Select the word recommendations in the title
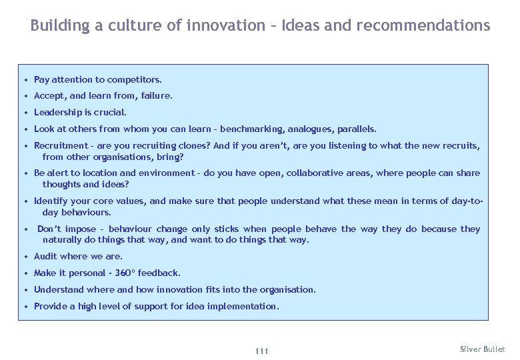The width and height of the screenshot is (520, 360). pos(423,26)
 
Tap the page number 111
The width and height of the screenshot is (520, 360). pos(261,351)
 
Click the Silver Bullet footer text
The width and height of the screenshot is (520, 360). pos(483,349)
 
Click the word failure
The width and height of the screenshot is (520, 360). pos(157,96)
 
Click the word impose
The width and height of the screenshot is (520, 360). pos(81,229)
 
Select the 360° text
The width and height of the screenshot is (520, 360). pos(122,273)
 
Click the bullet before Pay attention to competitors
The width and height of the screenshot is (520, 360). pos(26,80)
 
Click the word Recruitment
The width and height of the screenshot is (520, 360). pos(61,146)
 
